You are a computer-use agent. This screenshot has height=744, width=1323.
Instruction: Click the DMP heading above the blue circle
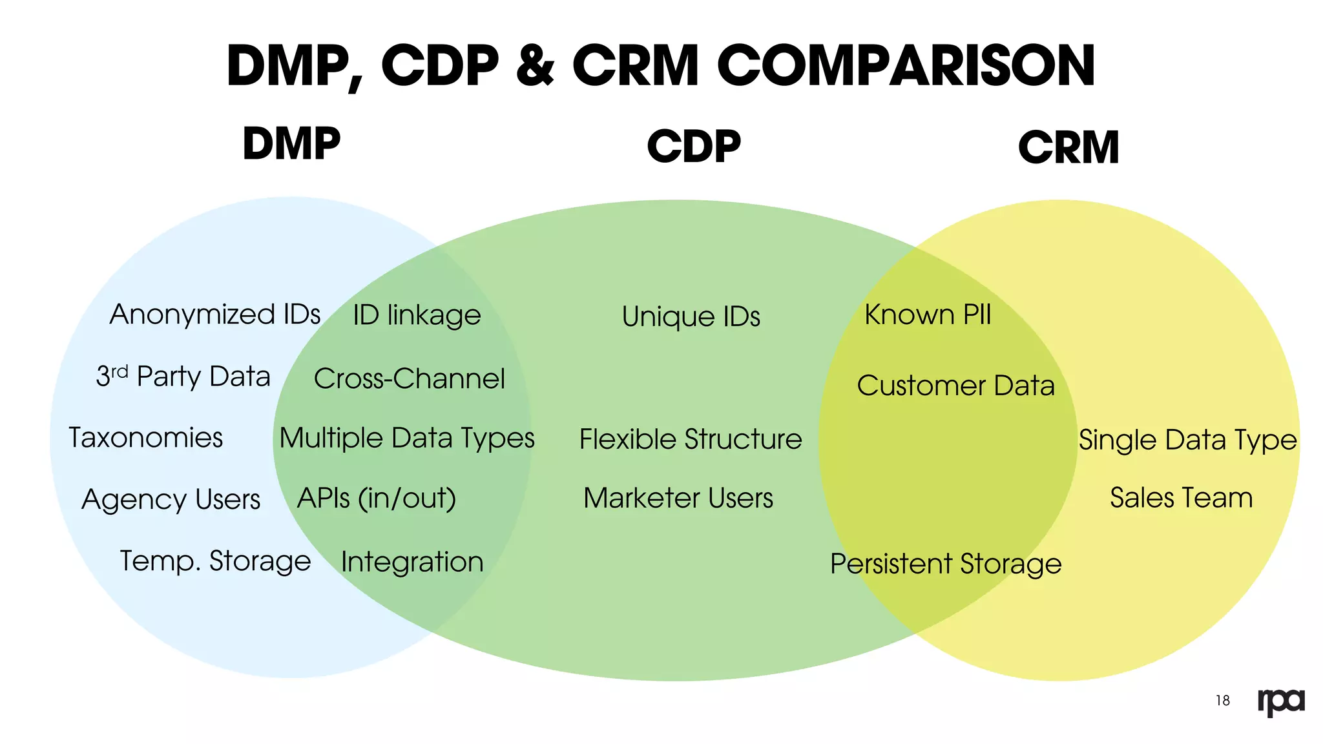(x=291, y=143)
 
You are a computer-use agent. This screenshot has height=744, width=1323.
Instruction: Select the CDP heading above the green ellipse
(x=694, y=146)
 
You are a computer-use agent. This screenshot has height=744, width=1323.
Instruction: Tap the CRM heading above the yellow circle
(x=1068, y=147)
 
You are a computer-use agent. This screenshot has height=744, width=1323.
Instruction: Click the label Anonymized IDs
(x=215, y=315)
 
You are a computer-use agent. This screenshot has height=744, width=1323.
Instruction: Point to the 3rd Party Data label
(x=183, y=376)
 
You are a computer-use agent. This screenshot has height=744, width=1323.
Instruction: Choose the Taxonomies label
(x=146, y=438)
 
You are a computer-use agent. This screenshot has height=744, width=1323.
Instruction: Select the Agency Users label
(x=171, y=499)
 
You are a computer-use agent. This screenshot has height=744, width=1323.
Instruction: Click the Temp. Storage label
(x=216, y=561)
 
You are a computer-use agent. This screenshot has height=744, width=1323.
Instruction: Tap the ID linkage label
(x=417, y=315)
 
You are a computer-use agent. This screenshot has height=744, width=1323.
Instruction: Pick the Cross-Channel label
(x=410, y=378)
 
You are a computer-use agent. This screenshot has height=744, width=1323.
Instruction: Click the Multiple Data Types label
(x=407, y=438)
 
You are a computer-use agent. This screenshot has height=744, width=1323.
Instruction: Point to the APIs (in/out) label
(x=377, y=499)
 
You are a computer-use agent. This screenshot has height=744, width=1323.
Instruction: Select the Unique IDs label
(x=691, y=316)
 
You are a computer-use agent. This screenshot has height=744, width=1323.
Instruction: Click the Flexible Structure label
(x=691, y=439)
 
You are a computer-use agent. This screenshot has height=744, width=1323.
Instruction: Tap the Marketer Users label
(x=678, y=498)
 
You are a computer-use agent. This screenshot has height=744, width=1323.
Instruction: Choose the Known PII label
(x=928, y=315)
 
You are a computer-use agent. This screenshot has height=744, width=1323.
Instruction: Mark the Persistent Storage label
(x=946, y=564)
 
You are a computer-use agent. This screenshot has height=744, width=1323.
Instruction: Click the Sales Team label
(x=1181, y=498)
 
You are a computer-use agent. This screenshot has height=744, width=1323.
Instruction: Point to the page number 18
(x=1223, y=701)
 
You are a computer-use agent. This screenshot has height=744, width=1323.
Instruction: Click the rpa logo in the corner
(x=1281, y=701)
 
